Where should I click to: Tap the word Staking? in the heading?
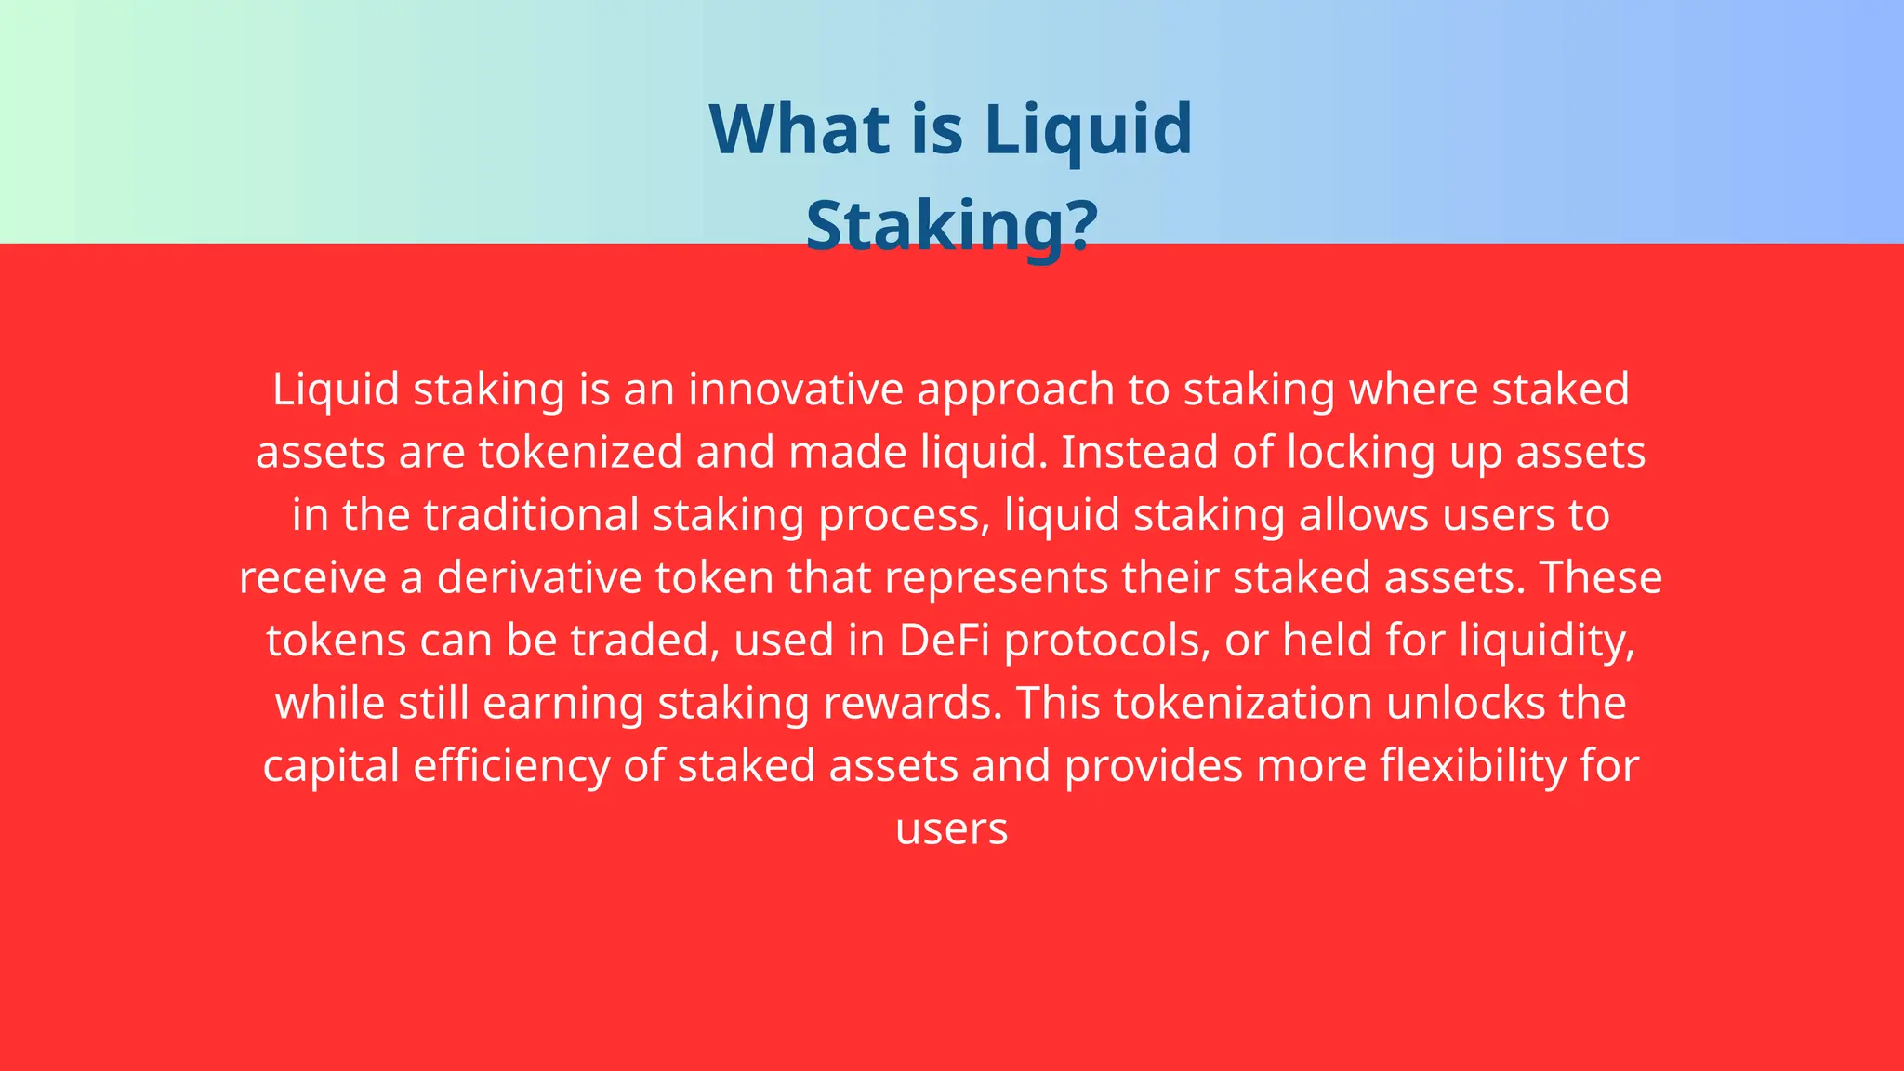pos(951,225)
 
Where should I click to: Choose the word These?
pos(1600,577)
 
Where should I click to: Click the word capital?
pos(331,767)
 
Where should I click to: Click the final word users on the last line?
pos(951,829)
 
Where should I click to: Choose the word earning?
pos(562,705)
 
